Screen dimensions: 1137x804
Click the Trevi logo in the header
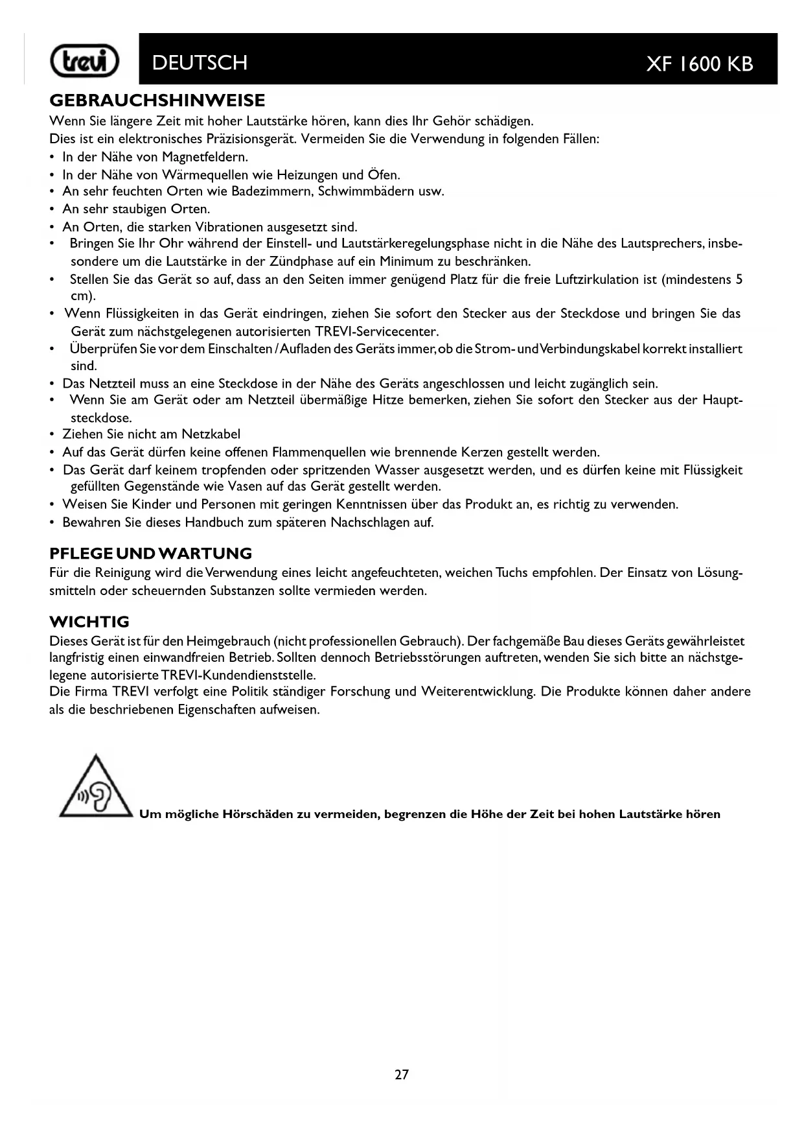tap(85, 63)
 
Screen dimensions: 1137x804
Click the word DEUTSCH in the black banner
tap(200, 63)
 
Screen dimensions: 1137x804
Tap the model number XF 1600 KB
tap(700, 64)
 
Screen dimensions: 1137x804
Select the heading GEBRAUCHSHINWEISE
tap(157, 100)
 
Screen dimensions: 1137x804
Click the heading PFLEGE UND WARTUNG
tap(151, 554)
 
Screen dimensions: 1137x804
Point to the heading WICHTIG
tap(89, 622)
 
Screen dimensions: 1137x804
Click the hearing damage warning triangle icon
tap(95, 788)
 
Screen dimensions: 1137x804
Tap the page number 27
tap(402, 1075)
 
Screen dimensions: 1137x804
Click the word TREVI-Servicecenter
tap(377, 332)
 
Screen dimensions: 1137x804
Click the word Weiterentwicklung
tap(478, 692)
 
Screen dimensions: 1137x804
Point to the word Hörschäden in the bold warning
tap(257, 814)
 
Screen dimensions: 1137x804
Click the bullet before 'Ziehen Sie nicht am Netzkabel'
tap(52, 434)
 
